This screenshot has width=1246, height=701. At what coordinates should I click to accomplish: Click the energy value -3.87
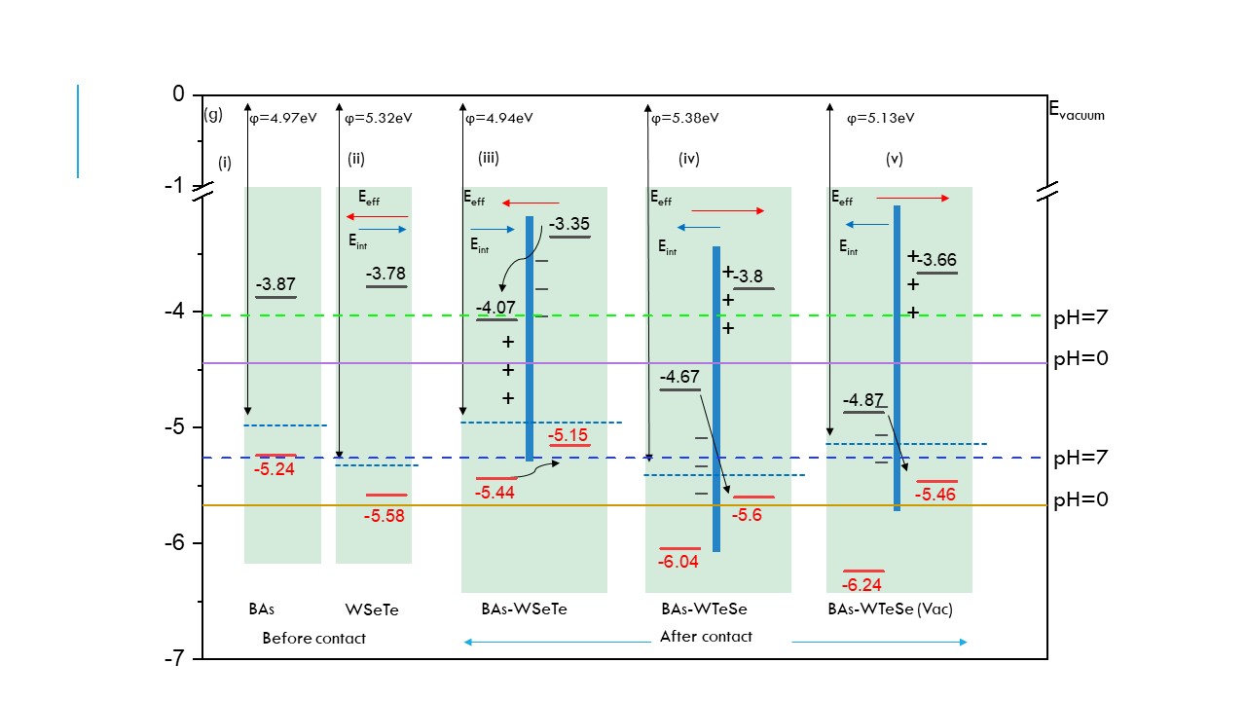pyautogui.click(x=275, y=285)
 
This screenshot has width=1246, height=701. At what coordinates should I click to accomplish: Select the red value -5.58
pyautogui.click(x=384, y=516)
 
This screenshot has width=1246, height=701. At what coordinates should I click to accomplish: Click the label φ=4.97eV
pyautogui.click(x=283, y=118)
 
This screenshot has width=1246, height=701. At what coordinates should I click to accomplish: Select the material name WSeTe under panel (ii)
pyautogui.click(x=372, y=610)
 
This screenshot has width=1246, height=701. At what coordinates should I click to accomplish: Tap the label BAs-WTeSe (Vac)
pyautogui.click(x=890, y=609)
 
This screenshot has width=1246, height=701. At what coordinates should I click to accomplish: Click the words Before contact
pyautogui.click(x=313, y=639)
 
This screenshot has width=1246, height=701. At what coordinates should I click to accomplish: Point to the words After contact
pyautogui.click(x=706, y=637)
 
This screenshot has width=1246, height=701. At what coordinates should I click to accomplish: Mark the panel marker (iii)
pyautogui.click(x=489, y=158)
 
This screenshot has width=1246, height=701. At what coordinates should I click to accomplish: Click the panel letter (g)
pyautogui.click(x=213, y=115)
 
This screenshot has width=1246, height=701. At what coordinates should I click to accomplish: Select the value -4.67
pyautogui.click(x=678, y=377)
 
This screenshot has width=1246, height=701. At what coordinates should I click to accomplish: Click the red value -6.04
pyautogui.click(x=678, y=562)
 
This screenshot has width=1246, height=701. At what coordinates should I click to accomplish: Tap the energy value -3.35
pyautogui.click(x=568, y=225)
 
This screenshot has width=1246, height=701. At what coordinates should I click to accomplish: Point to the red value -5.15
pyautogui.click(x=568, y=435)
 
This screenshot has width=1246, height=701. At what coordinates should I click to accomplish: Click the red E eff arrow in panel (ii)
pyautogui.click(x=377, y=216)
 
